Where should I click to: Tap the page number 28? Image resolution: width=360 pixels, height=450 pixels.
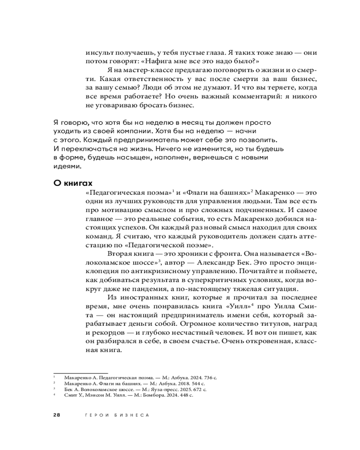pyautogui.click(x=57, y=415)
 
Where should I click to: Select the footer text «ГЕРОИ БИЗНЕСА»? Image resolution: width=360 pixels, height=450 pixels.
pyautogui.click(x=117, y=415)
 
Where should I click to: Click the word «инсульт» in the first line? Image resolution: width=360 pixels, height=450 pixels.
pyautogui.click(x=97, y=52)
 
